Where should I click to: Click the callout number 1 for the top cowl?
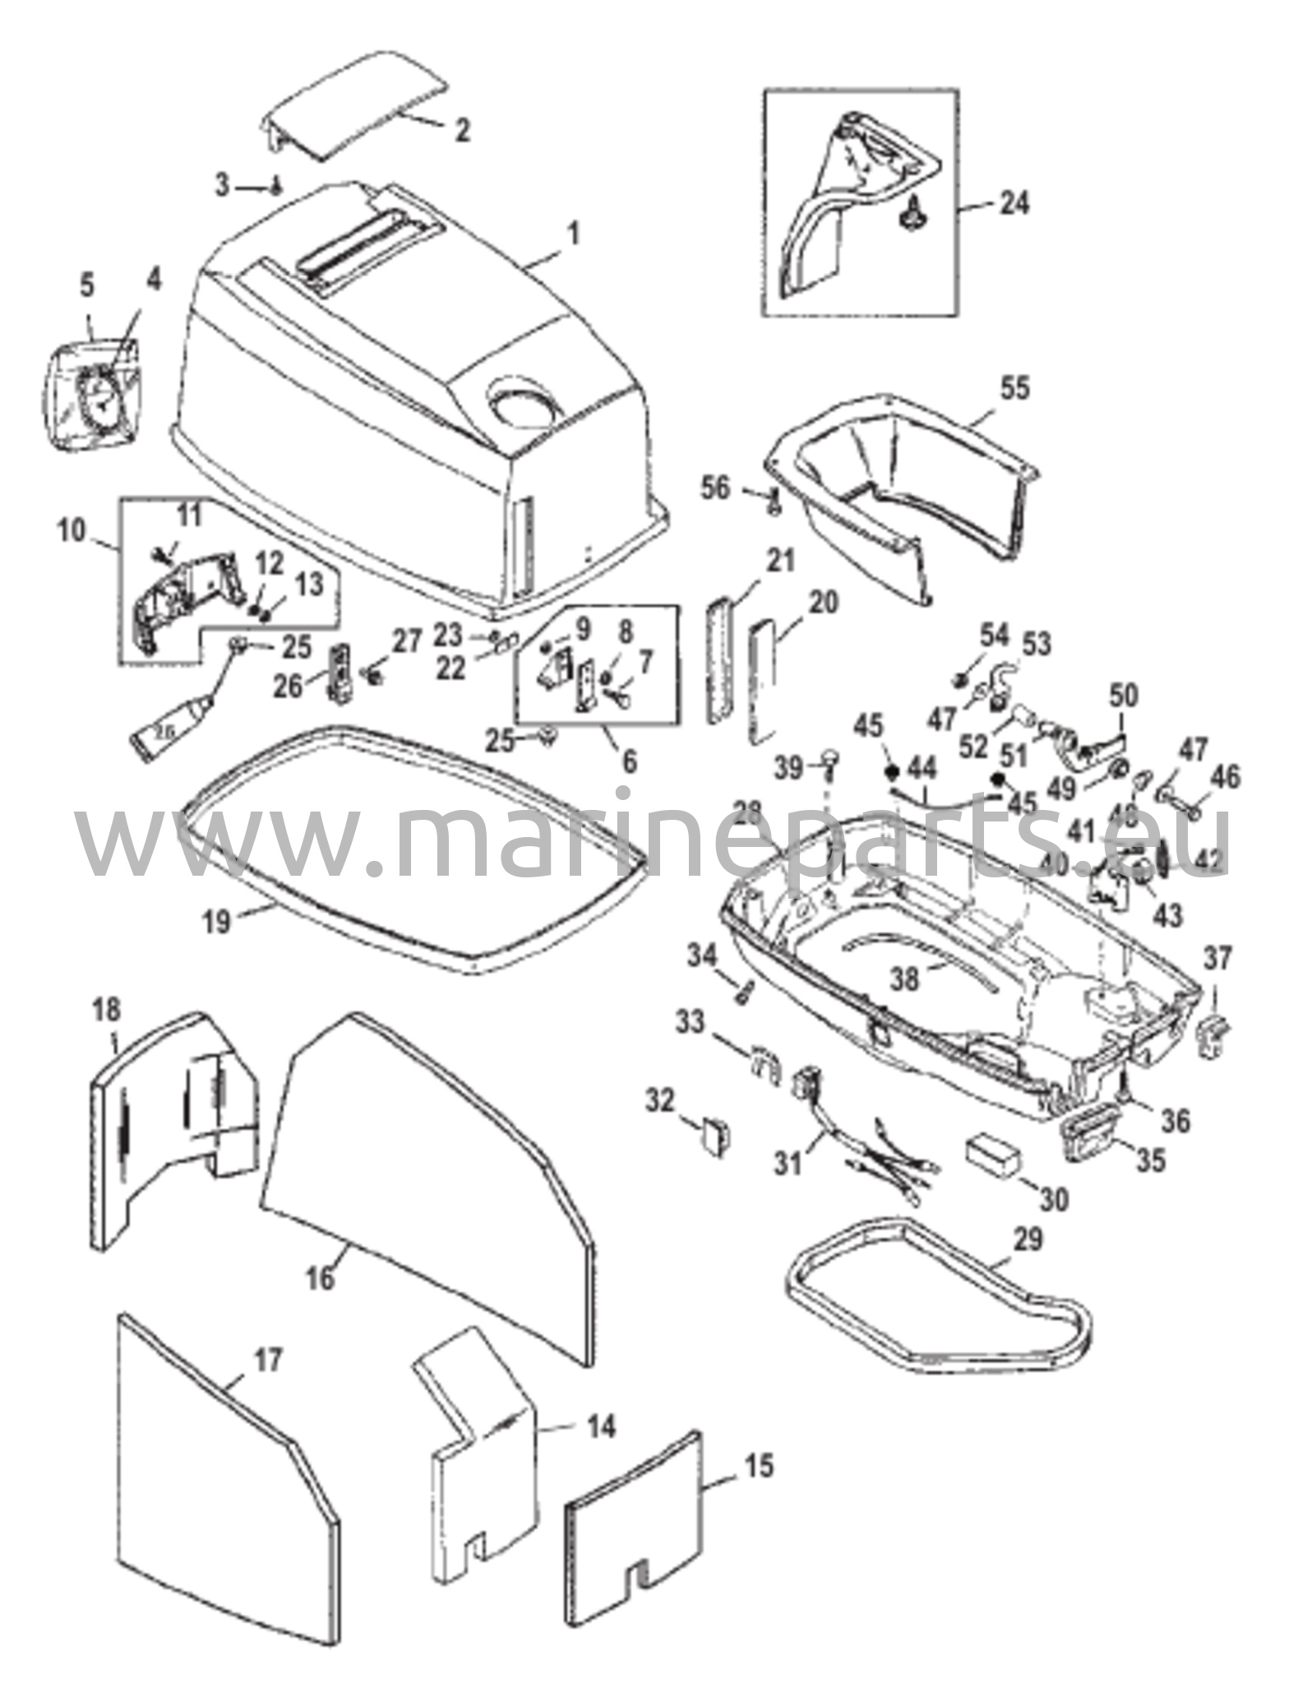tap(573, 234)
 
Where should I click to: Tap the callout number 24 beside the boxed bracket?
tap(1014, 202)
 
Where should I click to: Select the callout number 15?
tap(760, 1464)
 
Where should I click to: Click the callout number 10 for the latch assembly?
tap(72, 530)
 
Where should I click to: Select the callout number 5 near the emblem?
tap(87, 285)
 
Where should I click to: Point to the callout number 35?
tap(1150, 1159)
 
